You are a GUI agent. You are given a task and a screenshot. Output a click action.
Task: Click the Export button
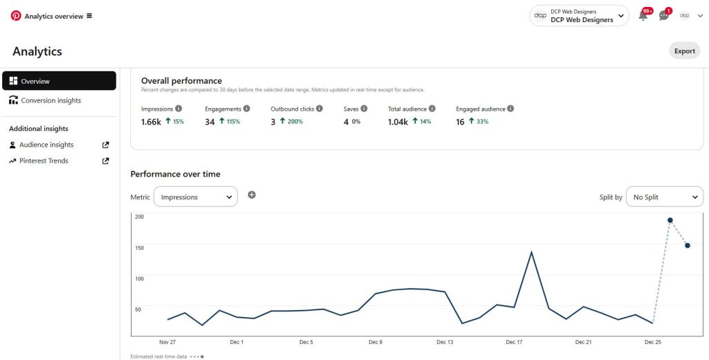click(x=684, y=51)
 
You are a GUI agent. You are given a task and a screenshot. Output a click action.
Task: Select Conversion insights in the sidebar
click(x=51, y=100)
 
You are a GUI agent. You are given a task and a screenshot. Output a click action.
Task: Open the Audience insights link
click(x=46, y=145)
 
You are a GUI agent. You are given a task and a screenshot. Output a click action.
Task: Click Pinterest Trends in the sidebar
click(x=44, y=161)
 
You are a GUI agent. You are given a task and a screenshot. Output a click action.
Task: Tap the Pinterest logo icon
click(x=16, y=16)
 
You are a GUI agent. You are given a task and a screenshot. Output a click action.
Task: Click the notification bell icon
click(x=643, y=16)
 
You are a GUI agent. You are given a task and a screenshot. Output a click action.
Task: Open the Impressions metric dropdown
click(x=195, y=197)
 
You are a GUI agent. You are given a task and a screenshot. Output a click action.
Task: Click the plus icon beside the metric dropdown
click(x=251, y=195)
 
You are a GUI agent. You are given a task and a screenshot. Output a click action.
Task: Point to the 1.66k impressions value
click(x=151, y=122)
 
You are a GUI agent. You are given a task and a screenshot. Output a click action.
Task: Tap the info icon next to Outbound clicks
click(x=319, y=109)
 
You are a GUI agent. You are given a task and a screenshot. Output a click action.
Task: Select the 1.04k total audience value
click(x=397, y=122)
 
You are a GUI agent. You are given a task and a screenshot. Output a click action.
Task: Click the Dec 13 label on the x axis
click(x=445, y=342)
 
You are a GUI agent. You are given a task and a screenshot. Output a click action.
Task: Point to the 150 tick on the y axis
click(x=138, y=248)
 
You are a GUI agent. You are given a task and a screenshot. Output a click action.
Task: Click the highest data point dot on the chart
click(x=670, y=220)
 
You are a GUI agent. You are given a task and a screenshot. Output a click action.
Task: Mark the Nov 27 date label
click(x=168, y=342)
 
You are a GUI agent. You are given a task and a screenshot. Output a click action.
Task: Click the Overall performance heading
click(x=181, y=81)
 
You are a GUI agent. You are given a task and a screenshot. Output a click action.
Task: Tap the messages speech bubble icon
click(x=664, y=16)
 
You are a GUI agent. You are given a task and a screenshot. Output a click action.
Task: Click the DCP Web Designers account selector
click(x=579, y=16)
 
